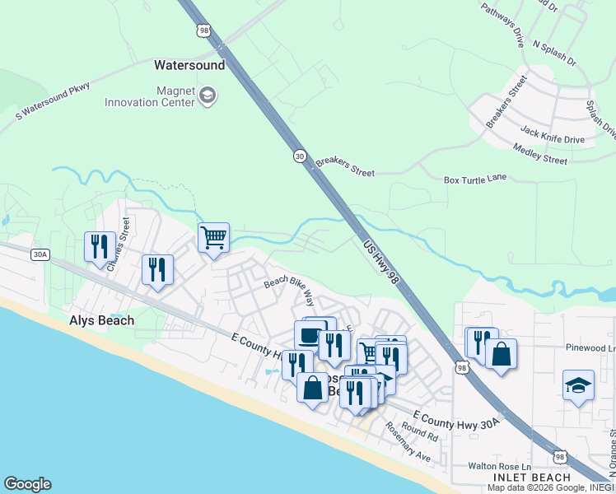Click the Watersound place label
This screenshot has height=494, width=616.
189,63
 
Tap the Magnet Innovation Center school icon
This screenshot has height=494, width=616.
208,96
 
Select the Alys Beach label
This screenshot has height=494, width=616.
102,320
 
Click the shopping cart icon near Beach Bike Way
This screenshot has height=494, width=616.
213,238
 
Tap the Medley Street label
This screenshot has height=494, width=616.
539,154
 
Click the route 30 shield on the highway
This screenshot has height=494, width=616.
299,155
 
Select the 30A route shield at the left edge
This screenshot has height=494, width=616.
40,254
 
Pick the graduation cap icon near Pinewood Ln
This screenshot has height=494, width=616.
578,384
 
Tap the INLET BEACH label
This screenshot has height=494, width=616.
531,478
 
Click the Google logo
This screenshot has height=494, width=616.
27,484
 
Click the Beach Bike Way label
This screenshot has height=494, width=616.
290,288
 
